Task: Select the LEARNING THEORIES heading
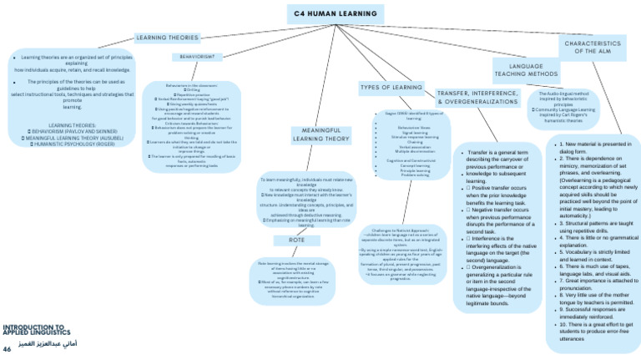pyautogui.click(x=167, y=38)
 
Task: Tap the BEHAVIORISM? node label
pyautogui.click(x=197, y=57)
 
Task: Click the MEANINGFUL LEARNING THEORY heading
pyautogui.click(x=315, y=134)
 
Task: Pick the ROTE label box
pyautogui.click(x=296, y=241)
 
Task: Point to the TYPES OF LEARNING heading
pyautogui.click(x=391, y=88)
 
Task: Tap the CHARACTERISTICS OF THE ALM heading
pyautogui.click(x=593, y=47)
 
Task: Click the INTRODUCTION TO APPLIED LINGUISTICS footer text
pyautogui.click(x=33, y=332)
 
